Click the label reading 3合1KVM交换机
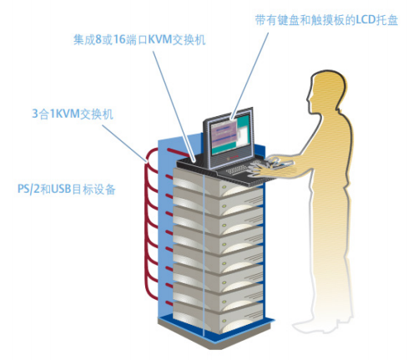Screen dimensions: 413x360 click(73, 114)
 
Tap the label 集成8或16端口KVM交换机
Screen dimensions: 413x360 click(139, 39)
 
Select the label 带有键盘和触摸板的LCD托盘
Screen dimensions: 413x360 click(326, 20)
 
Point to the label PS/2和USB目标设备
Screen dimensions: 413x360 click(67, 189)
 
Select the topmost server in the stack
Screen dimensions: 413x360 click(218, 182)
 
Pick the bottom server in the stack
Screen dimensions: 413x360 click(218, 317)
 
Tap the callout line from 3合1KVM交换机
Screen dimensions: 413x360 click(124, 143)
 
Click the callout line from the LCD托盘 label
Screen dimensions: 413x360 click(249, 76)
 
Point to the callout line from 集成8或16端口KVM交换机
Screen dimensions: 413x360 click(174, 106)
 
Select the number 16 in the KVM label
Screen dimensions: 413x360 click(119, 39)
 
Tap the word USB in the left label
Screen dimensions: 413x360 click(61, 189)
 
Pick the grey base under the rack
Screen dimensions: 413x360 click(214, 336)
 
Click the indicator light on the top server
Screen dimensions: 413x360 click(224, 187)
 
